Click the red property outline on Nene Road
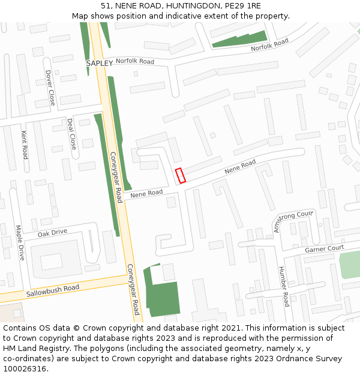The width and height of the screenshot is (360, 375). click(x=180, y=175)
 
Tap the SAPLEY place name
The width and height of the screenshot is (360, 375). click(x=99, y=63)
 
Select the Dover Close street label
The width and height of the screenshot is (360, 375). click(x=49, y=87)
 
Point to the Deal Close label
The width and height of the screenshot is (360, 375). click(x=71, y=133)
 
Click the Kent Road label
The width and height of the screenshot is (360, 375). click(x=25, y=145)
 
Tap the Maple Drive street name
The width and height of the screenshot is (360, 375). click(x=19, y=242)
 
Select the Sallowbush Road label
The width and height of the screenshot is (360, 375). click(x=53, y=292)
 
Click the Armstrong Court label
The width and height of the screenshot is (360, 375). click(x=293, y=221)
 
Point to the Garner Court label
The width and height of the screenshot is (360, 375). click(x=324, y=248)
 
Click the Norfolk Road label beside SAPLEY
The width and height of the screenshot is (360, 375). click(x=135, y=62)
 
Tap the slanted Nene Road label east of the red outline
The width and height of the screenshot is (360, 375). click(x=240, y=167)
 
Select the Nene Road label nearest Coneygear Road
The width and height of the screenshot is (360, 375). click(x=146, y=193)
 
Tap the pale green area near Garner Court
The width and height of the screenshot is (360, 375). click(x=349, y=265)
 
